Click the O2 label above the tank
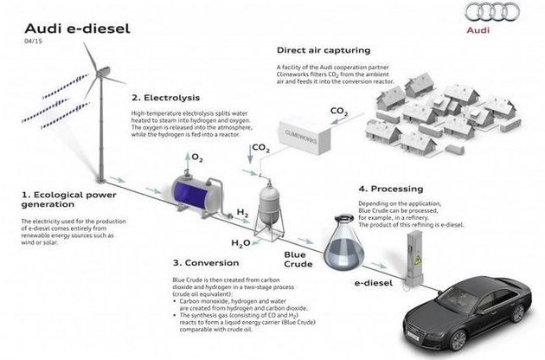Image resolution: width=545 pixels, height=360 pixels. pyautogui.click(x=196, y=158)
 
